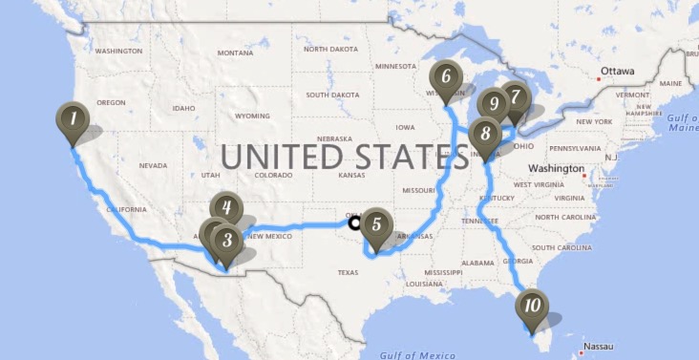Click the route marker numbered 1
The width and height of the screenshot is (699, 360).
[x=72, y=119]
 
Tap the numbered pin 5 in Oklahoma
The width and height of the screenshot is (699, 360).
[x=377, y=225]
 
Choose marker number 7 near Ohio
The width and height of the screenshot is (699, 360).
[x=516, y=97]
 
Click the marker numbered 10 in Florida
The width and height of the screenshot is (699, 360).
[x=531, y=307]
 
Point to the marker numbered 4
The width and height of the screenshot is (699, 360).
[x=226, y=206]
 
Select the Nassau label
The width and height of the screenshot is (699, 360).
[x=599, y=346]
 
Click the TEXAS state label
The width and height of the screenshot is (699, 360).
[x=348, y=272]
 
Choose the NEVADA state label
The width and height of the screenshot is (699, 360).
[x=154, y=165]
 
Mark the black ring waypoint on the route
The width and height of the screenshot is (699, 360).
[x=355, y=223]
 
